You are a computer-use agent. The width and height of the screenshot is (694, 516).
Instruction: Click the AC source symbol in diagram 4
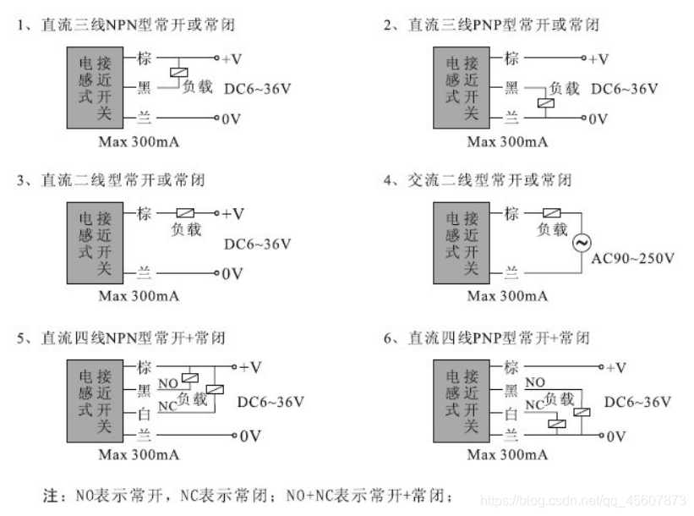coord(581,244)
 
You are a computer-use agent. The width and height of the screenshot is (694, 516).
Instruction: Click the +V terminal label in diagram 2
coord(598,59)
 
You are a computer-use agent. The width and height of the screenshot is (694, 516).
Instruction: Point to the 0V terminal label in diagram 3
coord(232,274)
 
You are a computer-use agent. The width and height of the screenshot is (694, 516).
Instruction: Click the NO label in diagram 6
coord(534,382)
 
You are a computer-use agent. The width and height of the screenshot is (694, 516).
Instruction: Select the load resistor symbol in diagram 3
coord(185,214)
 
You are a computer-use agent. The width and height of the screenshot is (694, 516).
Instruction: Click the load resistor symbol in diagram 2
coord(545,104)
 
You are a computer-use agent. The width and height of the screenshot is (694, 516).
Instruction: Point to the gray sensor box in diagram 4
coord(467,242)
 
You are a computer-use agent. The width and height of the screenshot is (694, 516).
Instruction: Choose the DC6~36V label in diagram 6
coord(637,402)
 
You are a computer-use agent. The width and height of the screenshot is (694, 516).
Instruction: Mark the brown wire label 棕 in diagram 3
coord(144,214)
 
